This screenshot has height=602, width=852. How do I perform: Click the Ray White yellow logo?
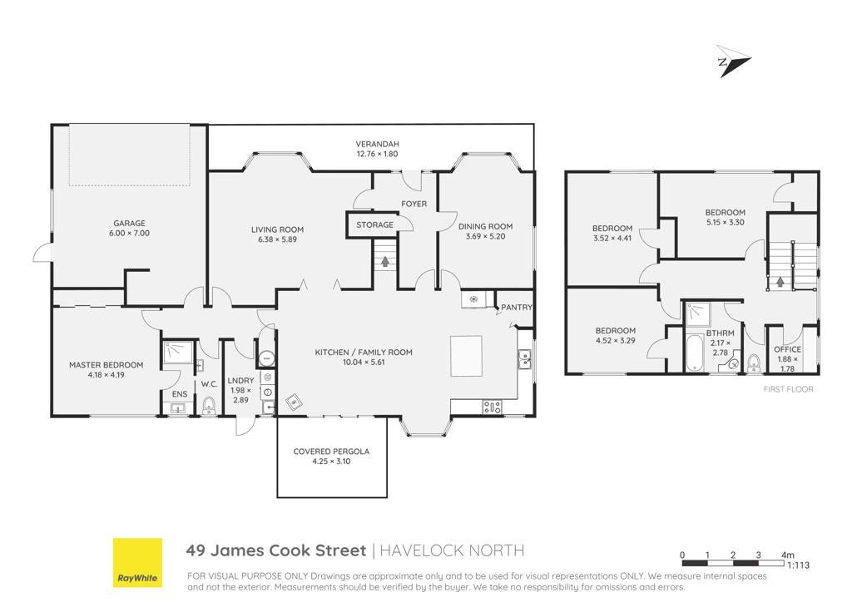137,562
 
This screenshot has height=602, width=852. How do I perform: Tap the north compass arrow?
732,61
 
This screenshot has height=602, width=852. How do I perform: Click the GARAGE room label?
129,223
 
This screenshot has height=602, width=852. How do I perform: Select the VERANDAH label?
377,144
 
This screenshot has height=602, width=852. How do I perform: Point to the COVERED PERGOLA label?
331,451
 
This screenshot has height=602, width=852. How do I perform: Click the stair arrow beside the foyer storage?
384,262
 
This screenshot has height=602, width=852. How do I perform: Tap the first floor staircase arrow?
780,282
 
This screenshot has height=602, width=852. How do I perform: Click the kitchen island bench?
466,356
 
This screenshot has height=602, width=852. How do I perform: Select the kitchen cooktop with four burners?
493,407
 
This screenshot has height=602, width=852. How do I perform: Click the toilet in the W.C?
209,405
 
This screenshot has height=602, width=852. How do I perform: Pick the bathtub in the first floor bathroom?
695,353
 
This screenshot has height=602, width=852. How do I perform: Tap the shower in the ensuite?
177,353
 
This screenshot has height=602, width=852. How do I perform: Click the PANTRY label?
516,308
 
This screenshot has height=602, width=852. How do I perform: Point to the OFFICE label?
787,349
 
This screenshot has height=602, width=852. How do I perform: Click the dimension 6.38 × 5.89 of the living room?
277,239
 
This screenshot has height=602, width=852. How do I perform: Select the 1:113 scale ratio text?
798,565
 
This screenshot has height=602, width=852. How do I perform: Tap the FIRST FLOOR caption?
788,389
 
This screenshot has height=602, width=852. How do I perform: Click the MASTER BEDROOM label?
106,365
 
